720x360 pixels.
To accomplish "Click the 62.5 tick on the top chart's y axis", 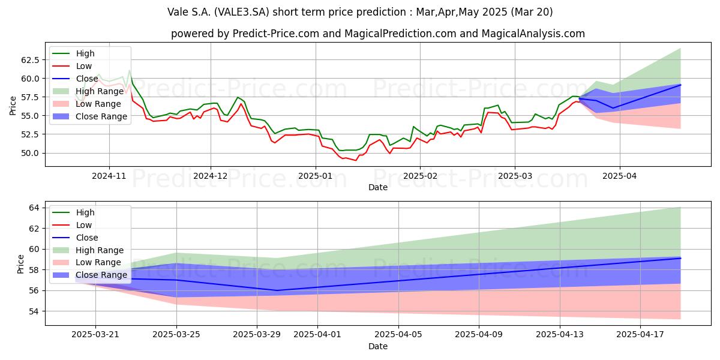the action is pos(30,60).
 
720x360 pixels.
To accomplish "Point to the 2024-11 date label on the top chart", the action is pos(109,176).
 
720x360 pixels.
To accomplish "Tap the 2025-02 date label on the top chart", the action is pos(420,176).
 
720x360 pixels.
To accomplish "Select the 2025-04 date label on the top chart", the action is pos(619,176).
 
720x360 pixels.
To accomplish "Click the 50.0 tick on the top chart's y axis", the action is pos(30,154).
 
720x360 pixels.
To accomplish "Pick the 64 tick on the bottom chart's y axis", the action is pos(34,208).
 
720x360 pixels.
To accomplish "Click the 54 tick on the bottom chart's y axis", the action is pos(34,311).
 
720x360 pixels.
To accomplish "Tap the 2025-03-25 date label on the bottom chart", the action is pos(176,335).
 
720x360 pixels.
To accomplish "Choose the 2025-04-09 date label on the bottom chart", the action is pos(479,335).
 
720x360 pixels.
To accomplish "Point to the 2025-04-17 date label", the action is pos(640,335).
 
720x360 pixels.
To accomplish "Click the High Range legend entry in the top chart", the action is pos(88,91).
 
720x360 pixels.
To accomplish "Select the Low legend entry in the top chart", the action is pos(72,66).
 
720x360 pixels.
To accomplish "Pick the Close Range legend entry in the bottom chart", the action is pos(89,275).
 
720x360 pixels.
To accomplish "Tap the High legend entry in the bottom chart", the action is pos(73,212).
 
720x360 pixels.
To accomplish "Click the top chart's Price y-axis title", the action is pos(13,106).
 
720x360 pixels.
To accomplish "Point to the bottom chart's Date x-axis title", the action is pos(377,347).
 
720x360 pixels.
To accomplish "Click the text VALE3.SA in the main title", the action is pos(241,12).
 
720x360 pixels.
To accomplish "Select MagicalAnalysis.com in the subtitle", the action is pos(533,34).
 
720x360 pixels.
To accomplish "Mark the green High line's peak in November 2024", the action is pos(129,70).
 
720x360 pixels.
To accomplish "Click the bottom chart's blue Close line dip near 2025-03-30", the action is pos(277,290).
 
